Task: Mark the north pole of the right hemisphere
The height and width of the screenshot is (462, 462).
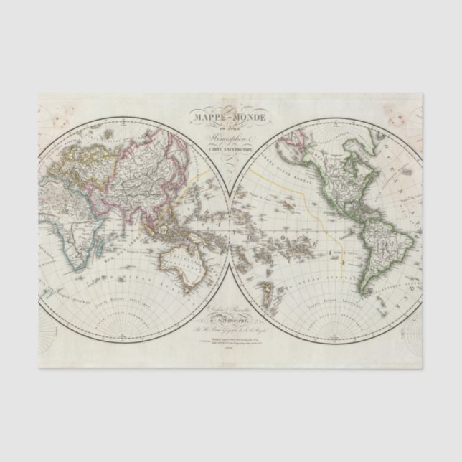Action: pyautogui.click(x=328, y=123)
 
